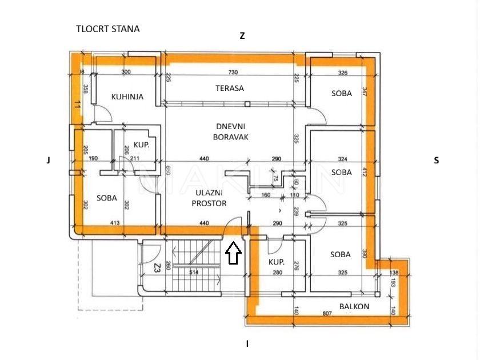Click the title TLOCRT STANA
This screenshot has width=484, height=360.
point(107,29)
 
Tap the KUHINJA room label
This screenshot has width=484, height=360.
point(127,97)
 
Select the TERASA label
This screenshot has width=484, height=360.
point(230,88)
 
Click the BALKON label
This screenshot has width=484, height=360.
point(354,306)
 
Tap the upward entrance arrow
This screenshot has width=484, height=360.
point(233,253)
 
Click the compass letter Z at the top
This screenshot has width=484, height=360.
point(242,35)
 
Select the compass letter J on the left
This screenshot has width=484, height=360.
point(49,161)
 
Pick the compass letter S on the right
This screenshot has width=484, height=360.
point(437,161)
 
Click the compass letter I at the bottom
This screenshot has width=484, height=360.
point(247,344)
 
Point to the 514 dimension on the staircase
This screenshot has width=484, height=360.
point(194,273)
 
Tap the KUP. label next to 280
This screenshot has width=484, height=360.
point(277,262)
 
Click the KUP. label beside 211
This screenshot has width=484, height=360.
point(141,145)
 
